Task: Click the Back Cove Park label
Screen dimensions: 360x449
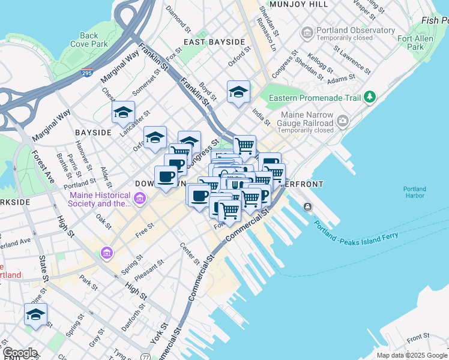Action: (89, 40)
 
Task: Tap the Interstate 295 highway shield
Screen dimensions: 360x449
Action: (87, 73)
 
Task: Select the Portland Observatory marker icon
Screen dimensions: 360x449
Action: (308, 31)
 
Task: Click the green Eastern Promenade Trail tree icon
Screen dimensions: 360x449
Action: (370, 97)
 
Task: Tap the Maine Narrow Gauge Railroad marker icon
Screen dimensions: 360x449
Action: (342, 121)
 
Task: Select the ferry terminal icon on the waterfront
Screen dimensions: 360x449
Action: (308, 207)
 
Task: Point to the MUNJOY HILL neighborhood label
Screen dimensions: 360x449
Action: (298, 4)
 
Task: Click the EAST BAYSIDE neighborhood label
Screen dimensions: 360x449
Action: (214, 42)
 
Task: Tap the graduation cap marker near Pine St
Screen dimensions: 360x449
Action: (35, 314)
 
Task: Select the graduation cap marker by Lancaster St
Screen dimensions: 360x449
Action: (123, 112)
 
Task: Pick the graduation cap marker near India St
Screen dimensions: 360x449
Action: (238, 92)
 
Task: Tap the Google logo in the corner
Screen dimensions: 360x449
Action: (20, 353)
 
